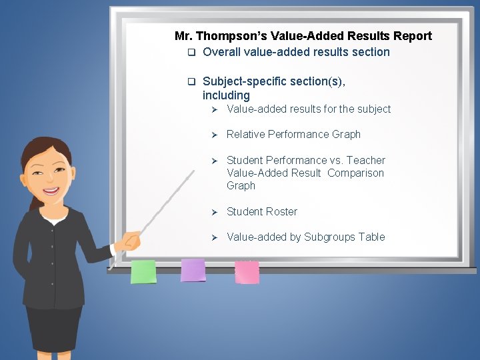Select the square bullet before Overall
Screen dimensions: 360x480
190,53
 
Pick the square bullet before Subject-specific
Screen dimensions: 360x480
190,82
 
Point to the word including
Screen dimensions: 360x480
226,95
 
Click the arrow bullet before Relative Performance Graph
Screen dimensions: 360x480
215,135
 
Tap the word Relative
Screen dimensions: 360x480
245,134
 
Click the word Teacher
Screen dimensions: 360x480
366,160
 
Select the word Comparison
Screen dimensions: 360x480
355,173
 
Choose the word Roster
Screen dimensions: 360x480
282,211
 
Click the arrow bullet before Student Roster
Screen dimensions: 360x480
215,212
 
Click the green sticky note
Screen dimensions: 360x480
143,271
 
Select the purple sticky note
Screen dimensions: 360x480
193,270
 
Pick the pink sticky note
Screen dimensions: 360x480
247,271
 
